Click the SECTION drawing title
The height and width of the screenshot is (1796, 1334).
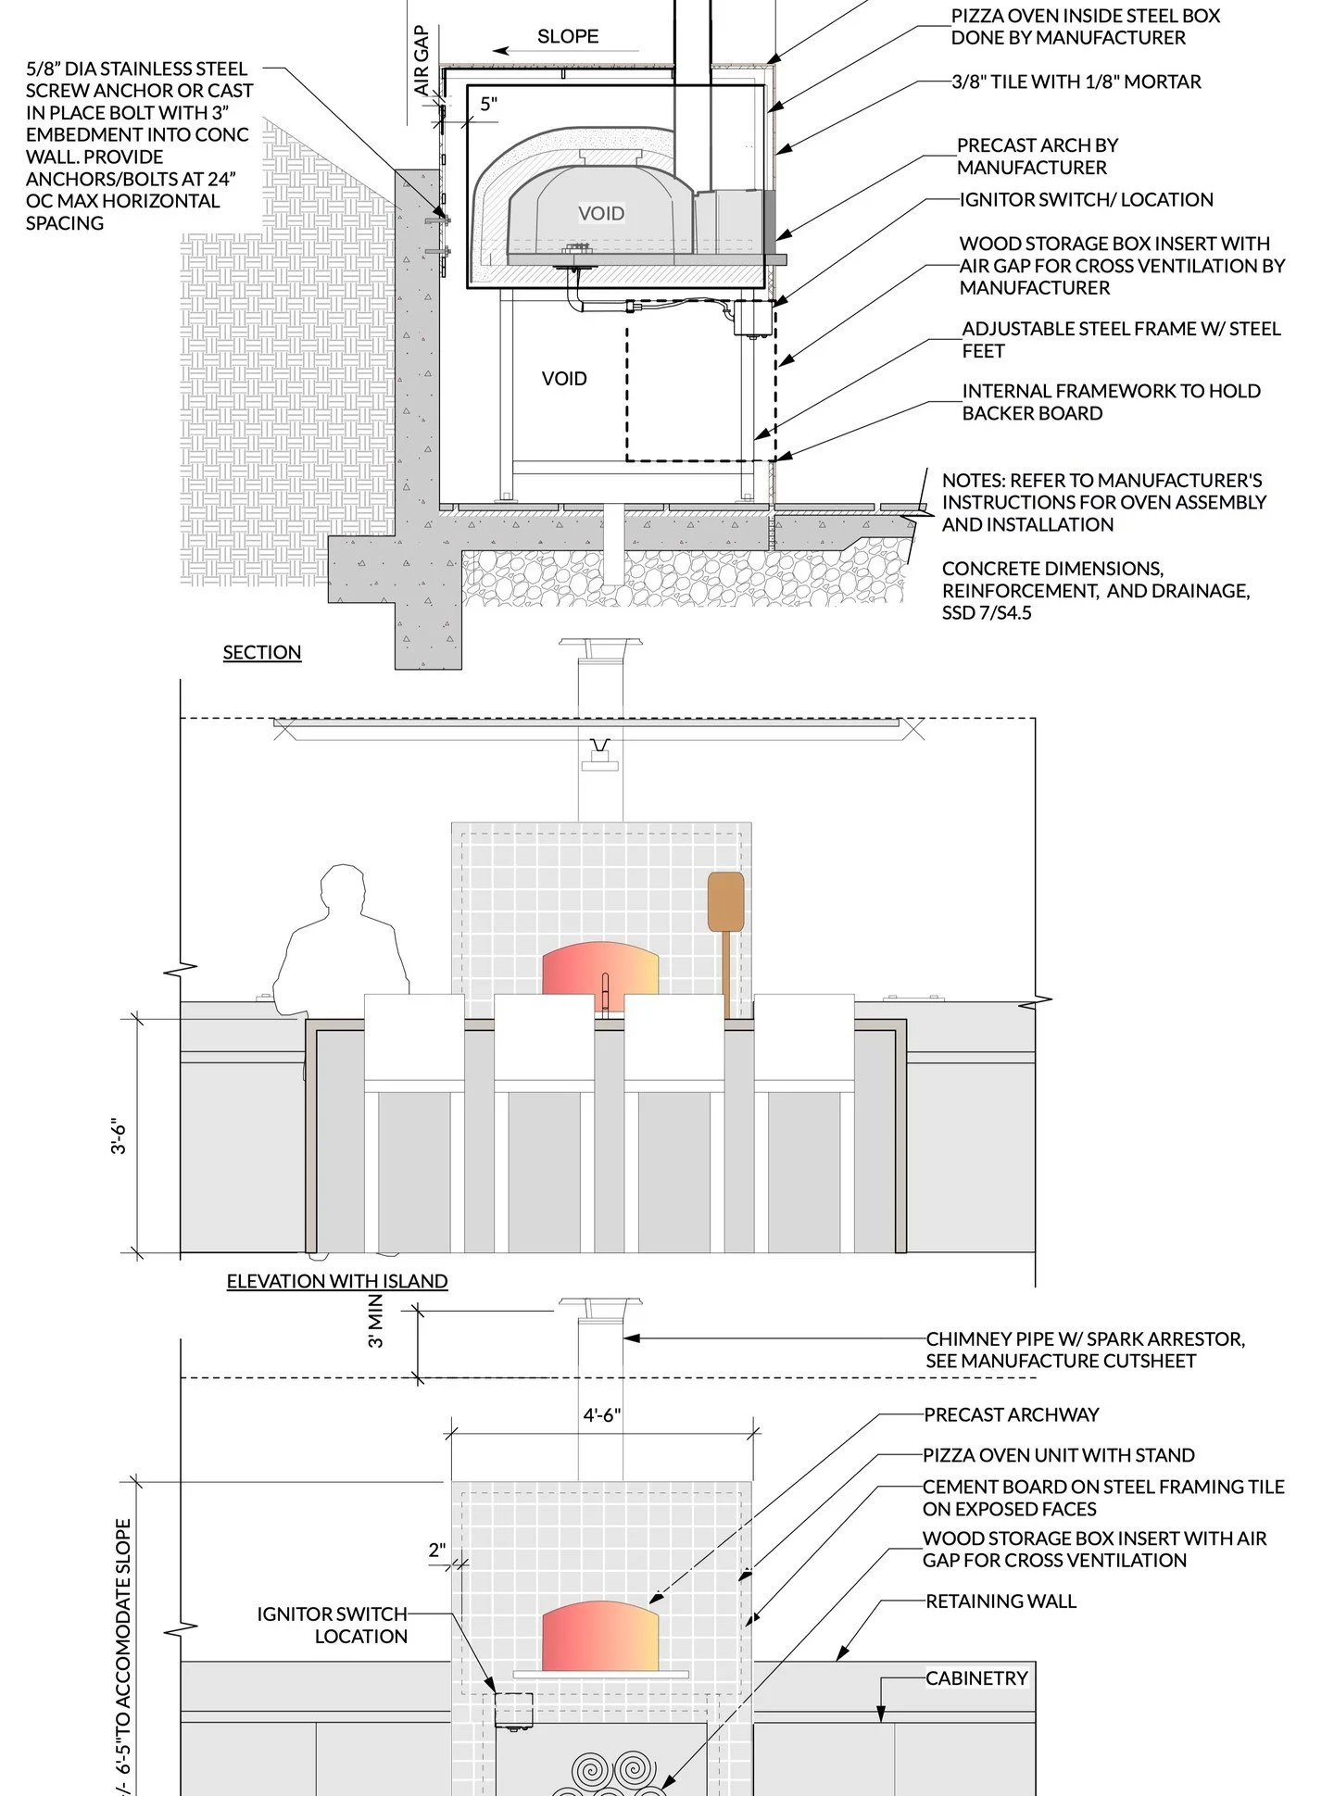click(261, 652)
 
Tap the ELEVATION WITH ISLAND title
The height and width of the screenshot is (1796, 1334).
click(337, 1281)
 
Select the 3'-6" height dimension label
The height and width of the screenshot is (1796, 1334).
click(119, 1137)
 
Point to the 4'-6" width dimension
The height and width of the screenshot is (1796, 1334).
click(602, 1415)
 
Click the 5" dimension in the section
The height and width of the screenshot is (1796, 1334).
click(489, 104)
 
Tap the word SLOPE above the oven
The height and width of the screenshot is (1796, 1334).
click(568, 36)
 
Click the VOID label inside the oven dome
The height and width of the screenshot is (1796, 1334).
click(601, 213)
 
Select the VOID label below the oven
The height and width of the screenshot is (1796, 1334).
click(564, 378)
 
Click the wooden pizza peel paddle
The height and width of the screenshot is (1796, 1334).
click(725, 901)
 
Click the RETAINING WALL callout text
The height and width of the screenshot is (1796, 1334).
click(1000, 1601)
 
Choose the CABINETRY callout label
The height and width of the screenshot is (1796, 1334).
click(976, 1678)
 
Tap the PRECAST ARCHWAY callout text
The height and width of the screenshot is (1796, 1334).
click(1011, 1414)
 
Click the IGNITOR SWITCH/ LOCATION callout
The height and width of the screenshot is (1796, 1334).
click(1086, 199)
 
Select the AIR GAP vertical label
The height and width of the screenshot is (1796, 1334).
click(422, 60)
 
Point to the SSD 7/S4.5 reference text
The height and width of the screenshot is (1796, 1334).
click(986, 612)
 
